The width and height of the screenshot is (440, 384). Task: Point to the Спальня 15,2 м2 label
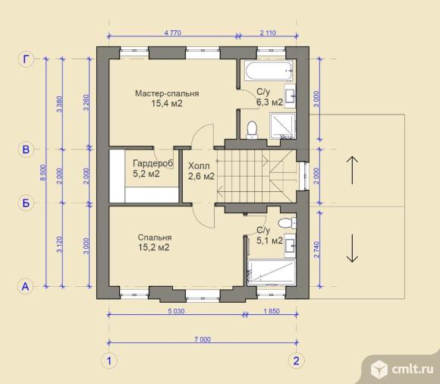coord(154,243)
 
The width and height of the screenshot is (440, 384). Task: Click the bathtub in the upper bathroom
coord(269,71)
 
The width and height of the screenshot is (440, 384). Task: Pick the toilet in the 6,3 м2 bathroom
coord(252,130)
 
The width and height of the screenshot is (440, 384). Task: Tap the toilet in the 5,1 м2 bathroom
coord(287,223)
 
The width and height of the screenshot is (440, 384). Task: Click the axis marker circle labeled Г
coord(26,59)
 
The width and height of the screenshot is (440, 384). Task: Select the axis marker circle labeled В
coord(26,150)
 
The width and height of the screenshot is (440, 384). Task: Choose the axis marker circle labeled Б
coord(26,203)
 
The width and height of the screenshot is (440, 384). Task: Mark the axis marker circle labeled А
coord(26,287)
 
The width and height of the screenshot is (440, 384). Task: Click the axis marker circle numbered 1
coord(109,360)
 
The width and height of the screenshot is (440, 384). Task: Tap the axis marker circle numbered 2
coord(297,360)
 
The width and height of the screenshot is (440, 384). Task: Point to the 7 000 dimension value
coord(203,339)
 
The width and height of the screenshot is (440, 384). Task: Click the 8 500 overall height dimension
coord(42,173)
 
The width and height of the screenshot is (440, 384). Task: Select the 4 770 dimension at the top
coord(172,33)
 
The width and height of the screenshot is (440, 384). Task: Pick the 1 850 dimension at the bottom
coord(272,311)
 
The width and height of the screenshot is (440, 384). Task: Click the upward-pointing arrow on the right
coord(352,170)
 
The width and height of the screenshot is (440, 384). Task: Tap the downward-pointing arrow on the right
coord(352,248)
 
